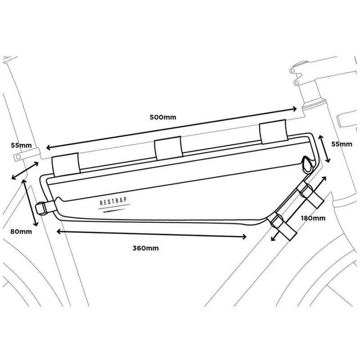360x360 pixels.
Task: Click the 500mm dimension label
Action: [x=163, y=117]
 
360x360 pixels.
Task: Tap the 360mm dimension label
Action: [x=145, y=248]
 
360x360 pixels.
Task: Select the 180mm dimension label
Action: [x=313, y=218]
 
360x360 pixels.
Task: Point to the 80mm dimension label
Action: [x=21, y=231]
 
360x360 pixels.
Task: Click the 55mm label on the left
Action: [x=21, y=145]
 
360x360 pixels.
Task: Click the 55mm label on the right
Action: [x=342, y=144]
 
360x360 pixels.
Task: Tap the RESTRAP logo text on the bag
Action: [x=113, y=201]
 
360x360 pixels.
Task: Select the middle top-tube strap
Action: [x=169, y=148]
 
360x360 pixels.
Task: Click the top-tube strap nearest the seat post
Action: [x=66, y=165]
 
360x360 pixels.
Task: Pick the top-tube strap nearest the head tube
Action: [x=274, y=132]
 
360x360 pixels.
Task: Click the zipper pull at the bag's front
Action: [x=307, y=165]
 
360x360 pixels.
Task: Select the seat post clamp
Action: [x=27, y=154]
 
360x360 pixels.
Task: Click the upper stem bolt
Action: [x=292, y=71]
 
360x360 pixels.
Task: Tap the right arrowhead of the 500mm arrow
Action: [x=295, y=109]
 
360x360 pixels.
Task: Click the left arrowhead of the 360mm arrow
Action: [x=59, y=231]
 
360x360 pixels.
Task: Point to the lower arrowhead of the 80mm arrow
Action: [x=36, y=223]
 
